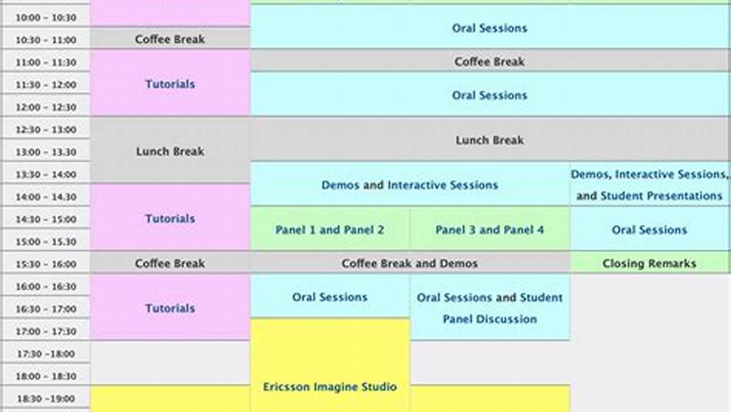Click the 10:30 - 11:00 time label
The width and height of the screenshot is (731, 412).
click(x=46, y=40)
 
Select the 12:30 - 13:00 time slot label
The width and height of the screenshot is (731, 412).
click(x=46, y=130)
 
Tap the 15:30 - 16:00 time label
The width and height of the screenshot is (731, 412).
click(x=46, y=264)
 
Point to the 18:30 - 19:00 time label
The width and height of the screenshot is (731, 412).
click(x=46, y=399)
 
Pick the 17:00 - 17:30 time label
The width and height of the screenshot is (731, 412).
click(x=46, y=331)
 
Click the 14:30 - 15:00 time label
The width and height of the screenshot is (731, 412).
click(x=46, y=219)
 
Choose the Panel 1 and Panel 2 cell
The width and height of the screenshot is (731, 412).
click(x=330, y=230)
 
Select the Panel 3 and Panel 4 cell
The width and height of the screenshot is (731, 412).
click(x=490, y=230)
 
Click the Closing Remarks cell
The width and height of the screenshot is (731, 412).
click(x=649, y=264)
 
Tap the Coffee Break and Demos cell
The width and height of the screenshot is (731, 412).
click(x=410, y=264)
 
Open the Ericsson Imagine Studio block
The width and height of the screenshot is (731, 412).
click(x=330, y=387)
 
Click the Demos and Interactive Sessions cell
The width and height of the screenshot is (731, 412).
click(x=410, y=185)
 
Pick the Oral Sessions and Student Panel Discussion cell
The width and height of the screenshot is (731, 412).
click(x=490, y=308)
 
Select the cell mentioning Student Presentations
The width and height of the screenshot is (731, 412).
click(x=649, y=185)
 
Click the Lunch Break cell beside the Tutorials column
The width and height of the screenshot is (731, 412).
click(x=170, y=152)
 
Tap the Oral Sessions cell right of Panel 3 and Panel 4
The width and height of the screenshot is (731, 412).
click(x=649, y=230)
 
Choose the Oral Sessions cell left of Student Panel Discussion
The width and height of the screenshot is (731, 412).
click(x=330, y=297)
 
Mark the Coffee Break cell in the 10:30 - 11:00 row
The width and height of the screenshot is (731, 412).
click(x=170, y=39)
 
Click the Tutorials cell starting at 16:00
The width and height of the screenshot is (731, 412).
click(x=170, y=308)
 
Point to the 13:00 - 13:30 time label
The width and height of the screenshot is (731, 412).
click(x=46, y=152)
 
